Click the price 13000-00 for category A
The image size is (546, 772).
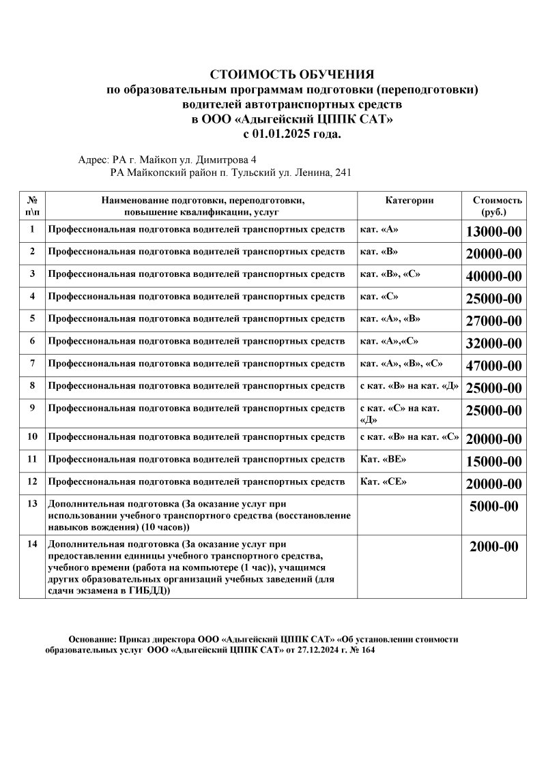[x=493, y=232]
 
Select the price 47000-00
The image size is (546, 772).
[x=493, y=366]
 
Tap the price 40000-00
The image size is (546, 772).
[x=493, y=276]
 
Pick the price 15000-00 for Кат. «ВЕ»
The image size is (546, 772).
[x=493, y=462]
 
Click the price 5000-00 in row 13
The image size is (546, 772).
[x=493, y=507]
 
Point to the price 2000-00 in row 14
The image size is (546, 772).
[x=493, y=547]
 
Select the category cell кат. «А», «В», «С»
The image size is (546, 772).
[x=402, y=363]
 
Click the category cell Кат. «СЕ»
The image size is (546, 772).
[x=383, y=481]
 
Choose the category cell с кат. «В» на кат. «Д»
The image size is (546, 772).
[x=409, y=386]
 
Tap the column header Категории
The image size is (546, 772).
[x=409, y=201]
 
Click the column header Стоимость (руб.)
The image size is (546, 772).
[x=498, y=206]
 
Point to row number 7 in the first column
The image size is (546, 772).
[x=32, y=363]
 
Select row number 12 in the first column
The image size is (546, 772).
[x=32, y=481]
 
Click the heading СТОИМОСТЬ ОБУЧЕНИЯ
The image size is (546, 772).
[x=292, y=74]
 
